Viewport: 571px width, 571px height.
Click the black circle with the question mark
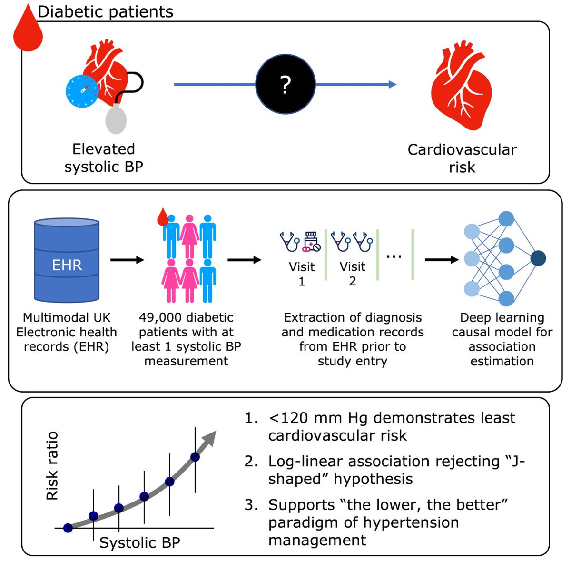coord(285,84)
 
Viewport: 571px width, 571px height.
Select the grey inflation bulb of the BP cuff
coord(116,119)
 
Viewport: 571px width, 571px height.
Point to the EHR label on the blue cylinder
coord(67,265)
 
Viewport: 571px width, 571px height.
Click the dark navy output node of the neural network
coord(538,258)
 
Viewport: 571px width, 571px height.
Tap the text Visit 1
coord(302,274)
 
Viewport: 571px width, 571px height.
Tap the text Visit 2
coord(352,274)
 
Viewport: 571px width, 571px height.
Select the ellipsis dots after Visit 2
coord(394,256)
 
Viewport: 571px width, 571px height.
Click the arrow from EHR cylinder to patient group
coord(127,260)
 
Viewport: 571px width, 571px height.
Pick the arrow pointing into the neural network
coord(441,260)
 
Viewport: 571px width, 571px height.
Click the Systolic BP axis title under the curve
coord(139,542)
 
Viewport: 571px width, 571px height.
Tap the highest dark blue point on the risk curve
coord(195,457)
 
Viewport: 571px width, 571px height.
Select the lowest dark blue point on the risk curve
coord(68,527)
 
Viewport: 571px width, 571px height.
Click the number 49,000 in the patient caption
coord(161,317)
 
